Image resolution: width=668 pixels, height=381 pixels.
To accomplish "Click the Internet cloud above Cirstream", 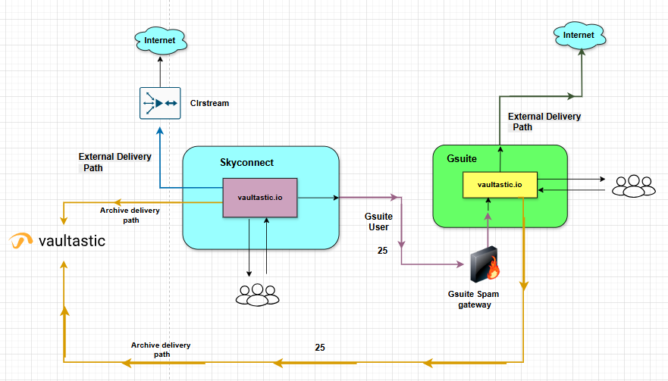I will click(160, 40).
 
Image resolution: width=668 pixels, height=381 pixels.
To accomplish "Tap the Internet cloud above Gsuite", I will click(580, 35).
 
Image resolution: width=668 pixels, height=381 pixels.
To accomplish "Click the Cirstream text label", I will click(209, 103).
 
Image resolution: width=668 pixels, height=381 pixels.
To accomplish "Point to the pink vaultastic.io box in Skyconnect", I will click(260, 198).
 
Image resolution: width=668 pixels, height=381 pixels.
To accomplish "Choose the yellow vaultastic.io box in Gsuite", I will click(500, 184).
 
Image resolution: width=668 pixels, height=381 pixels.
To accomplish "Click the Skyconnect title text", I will click(246, 163).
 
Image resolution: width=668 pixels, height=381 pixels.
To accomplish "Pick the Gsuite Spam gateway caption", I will click(475, 299).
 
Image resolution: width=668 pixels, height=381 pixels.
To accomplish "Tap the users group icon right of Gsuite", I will click(633, 186).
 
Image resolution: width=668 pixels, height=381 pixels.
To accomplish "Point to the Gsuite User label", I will click(378, 222).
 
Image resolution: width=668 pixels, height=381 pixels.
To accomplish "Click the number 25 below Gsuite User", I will click(383, 250).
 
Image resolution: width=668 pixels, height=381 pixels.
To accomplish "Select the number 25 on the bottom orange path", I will click(320, 348).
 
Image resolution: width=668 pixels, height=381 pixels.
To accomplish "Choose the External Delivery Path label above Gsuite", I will click(544, 122).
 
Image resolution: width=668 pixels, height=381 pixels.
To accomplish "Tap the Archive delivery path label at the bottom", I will click(161, 349).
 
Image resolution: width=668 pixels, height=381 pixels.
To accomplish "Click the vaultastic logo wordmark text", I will click(72, 242).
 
